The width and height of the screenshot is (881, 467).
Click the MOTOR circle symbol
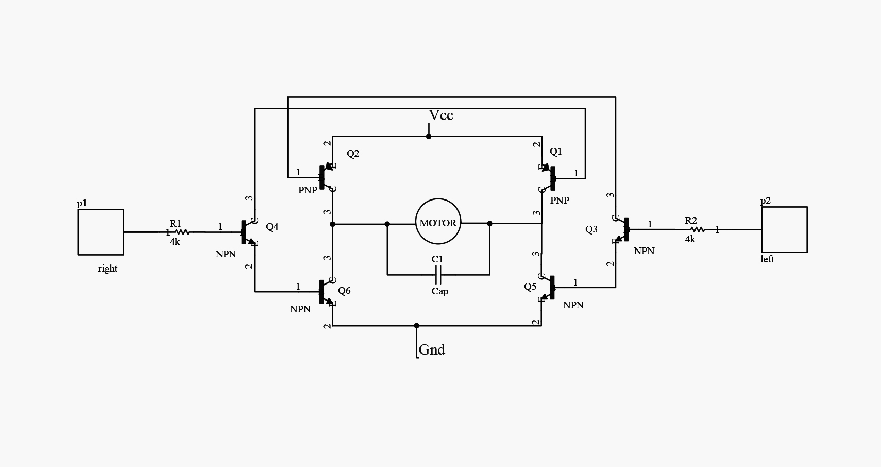(437, 223)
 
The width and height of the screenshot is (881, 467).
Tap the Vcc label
(441, 115)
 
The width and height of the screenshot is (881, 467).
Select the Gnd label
(432, 349)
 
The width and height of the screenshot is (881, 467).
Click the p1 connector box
(101, 232)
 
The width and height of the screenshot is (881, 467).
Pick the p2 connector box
(784, 229)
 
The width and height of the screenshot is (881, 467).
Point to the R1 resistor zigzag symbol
(182, 232)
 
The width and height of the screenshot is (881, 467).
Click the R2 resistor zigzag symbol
(698, 229)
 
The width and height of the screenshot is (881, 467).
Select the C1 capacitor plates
(438, 275)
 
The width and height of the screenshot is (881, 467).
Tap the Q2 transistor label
(353, 154)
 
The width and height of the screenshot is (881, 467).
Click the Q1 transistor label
(556, 152)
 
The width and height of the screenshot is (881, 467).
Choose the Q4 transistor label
(272, 227)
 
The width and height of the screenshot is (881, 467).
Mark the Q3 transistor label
(591, 229)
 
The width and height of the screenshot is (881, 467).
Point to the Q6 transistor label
(344, 291)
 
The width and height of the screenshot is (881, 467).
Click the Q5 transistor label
(530, 287)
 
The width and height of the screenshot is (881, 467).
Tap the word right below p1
(108, 269)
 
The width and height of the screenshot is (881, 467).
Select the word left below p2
(767, 259)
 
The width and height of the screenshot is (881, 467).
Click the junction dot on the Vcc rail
(429, 136)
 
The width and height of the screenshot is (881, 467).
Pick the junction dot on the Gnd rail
(417, 326)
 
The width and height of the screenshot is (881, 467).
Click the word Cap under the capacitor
(439, 291)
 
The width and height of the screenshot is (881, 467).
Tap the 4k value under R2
(690, 239)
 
